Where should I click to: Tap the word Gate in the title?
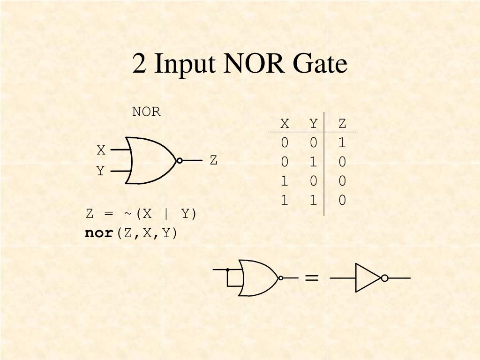(x=321, y=64)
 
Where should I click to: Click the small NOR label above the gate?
(x=146, y=112)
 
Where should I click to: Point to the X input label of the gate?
(x=101, y=150)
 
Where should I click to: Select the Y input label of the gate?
(x=100, y=172)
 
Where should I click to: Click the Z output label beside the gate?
(x=214, y=160)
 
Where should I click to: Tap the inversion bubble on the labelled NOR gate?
(x=180, y=160)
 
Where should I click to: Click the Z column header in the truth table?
(x=342, y=124)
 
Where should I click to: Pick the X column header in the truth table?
(x=285, y=124)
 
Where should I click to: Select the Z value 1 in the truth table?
(x=342, y=142)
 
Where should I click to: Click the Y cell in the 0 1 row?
(x=314, y=162)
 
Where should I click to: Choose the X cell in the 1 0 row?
(x=285, y=181)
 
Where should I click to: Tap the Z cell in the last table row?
(x=342, y=201)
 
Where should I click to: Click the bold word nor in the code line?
(x=99, y=233)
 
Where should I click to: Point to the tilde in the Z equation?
(x=128, y=214)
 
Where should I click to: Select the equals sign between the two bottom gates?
(x=312, y=278)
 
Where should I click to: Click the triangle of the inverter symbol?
(x=367, y=278)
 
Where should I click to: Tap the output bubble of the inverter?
(x=384, y=278)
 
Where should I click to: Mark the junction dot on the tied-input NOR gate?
(x=227, y=270)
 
